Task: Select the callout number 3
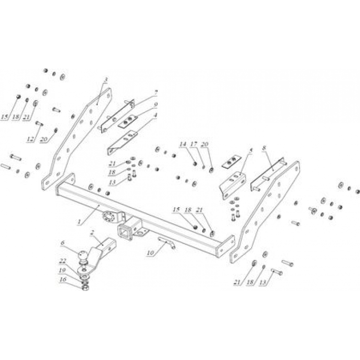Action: click(x=105, y=79)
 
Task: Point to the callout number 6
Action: click(x=62, y=244)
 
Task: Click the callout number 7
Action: click(x=156, y=91)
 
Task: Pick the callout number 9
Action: click(x=156, y=104)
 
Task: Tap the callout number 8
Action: click(x=264, y=149)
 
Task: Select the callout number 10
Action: click(x=151, y=252)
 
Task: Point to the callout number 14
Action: click(x=183, y=144)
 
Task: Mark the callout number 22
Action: click(x=62, y=261)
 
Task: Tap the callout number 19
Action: click(x=62, y=270)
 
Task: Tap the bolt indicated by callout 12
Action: click(x=39, y=124)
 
